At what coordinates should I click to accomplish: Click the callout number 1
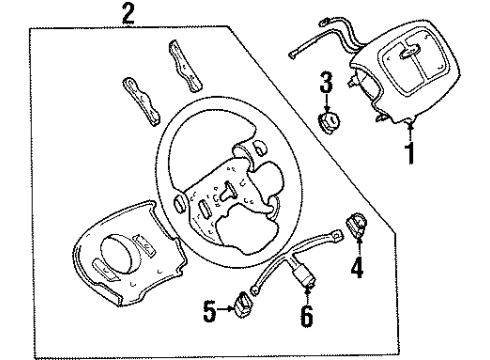click(x=411, y=153)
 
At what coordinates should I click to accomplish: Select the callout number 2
click(x=128, y=14)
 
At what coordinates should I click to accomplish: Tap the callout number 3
click(x=326, y=82)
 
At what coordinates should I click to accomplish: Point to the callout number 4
click(x=357, y=267)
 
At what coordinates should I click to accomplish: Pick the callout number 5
click(x=210, y=311)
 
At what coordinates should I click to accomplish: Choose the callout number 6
click(x=307, y=316)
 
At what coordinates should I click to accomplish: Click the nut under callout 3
click(x=329, y=122)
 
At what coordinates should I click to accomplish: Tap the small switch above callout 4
click(x=356, y=225)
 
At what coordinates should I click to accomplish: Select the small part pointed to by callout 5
click(x=242, y=304)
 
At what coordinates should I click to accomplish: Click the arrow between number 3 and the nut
click(x=327, y=103)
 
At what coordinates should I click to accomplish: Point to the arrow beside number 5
click(x=226, y=309)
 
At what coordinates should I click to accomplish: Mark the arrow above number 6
click(x=307, y=295)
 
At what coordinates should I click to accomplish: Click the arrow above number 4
click(x=359, y=246)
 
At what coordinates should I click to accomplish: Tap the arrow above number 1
click(x=410, y=132)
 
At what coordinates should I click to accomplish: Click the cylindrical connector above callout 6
click(x=302, y=275)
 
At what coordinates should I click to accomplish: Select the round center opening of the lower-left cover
click(x=119, y=254)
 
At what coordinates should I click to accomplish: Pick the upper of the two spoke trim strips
click(x=185, y=66)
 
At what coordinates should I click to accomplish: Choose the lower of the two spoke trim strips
click(x=141, y=102)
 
